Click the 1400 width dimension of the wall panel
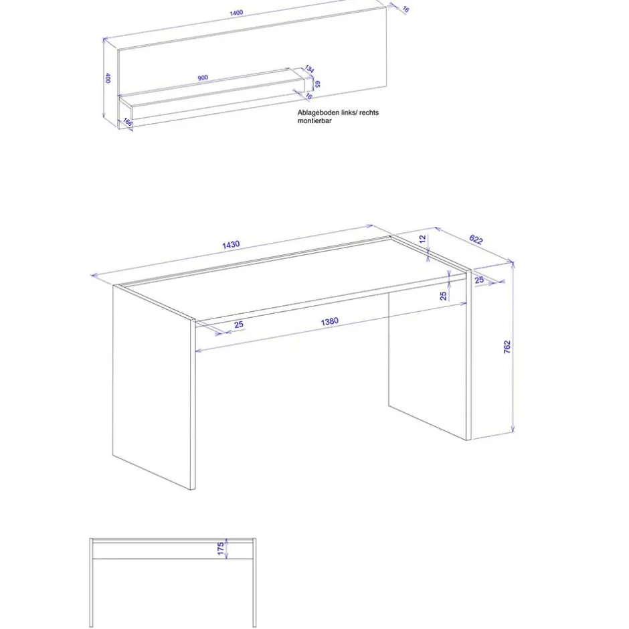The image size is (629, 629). (x=236, y=13)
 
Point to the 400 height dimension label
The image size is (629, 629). (x=107, y=78)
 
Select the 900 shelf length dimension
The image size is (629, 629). (x=203, y=78)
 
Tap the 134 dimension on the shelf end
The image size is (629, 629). (x=309, y=69)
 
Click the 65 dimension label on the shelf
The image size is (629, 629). (x=318, y=84)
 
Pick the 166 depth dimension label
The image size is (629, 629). (x=127, y=123)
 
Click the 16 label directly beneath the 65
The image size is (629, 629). (x=309, y=96)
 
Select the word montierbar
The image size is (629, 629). (x=313, y=121)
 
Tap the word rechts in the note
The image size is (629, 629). (x=368, y=112)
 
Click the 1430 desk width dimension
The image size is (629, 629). (x=231, y=245)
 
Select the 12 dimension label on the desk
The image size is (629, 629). (x=422, y=239)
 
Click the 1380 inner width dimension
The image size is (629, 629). (x=329, y=322)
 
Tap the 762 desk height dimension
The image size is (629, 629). (x=507, y=347)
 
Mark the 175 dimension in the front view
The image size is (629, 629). (x=221, y=549)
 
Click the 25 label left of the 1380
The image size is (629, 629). (x=239, y=325)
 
